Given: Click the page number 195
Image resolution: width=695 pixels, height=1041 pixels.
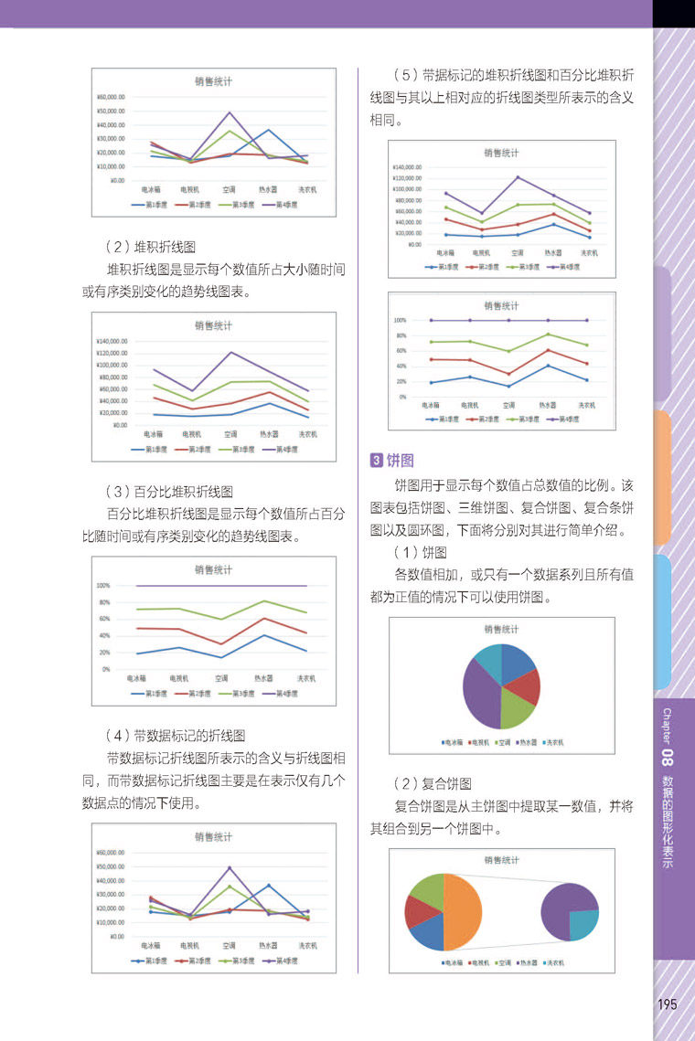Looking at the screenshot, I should (667, 1004).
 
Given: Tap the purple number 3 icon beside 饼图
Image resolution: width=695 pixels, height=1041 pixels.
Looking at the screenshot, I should (376, 460).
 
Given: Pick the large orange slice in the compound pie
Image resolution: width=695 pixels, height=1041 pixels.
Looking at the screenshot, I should (465, 912).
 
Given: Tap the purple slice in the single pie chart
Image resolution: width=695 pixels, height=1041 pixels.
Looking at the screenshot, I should (478, 691).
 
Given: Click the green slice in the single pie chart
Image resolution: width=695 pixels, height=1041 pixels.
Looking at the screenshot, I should (517, 712).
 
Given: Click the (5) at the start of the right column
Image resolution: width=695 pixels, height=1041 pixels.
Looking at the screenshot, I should (401, 74).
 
